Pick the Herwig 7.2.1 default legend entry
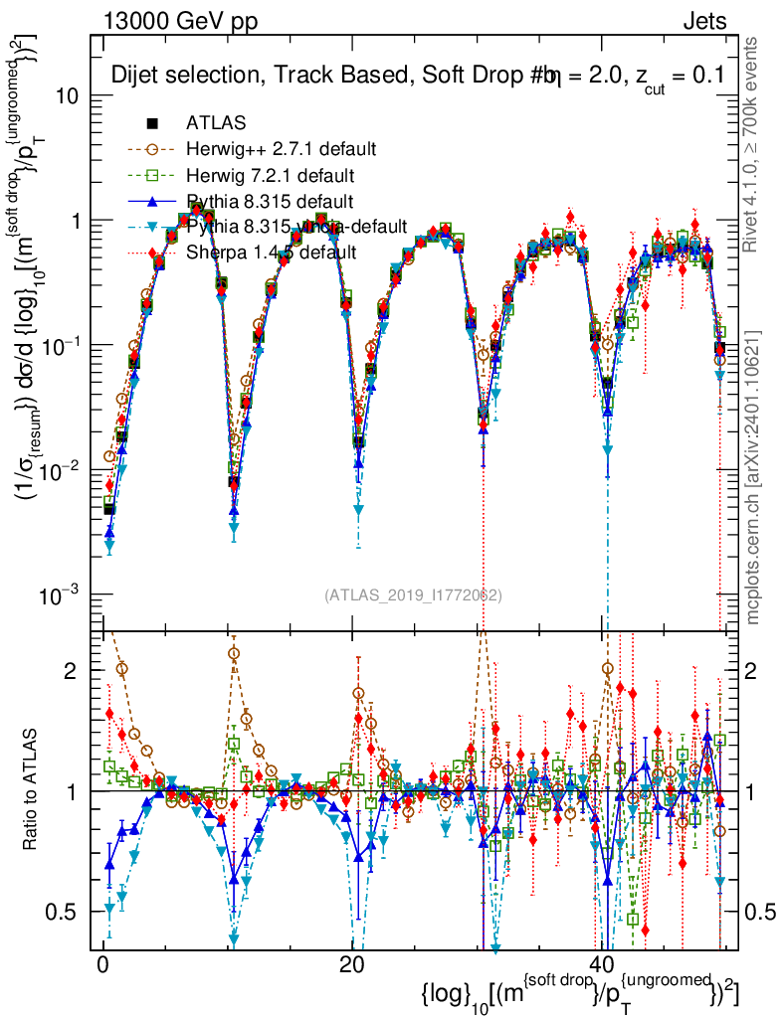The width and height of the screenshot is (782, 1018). (270, 175)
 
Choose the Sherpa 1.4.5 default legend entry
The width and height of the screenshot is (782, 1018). (271, 253)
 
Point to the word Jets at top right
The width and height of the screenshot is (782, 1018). (705, 21)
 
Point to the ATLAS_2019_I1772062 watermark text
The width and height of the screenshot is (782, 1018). (412, 595)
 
